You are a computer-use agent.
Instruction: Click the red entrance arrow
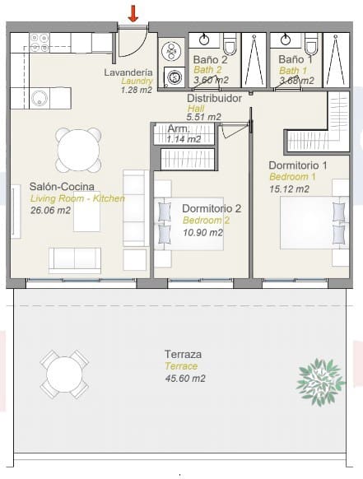(x=133, y=13)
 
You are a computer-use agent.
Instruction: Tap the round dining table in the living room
(x=75, y=148)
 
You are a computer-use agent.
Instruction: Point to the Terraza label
(x=182, y=355)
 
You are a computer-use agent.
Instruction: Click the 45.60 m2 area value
(x=184, y=378)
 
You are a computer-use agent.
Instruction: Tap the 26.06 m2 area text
(x=50, y=211)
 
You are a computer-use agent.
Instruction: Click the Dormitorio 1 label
(x=298, y=165)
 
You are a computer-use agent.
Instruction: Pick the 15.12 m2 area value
(x=289, y=189)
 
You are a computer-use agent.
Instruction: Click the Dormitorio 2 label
(x=212, y=208)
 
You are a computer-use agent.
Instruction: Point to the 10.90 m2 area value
(x=202, y=232)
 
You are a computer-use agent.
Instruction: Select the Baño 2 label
(x=210, y=59)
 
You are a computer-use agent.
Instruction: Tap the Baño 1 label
(x=296, y=59)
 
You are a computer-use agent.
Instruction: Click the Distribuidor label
(x=214, y=98)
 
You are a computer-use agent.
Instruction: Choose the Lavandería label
(x=128, y=72)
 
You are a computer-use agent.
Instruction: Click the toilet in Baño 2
(x=230, y=44)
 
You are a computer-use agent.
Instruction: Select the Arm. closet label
(x=178, y=129)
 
